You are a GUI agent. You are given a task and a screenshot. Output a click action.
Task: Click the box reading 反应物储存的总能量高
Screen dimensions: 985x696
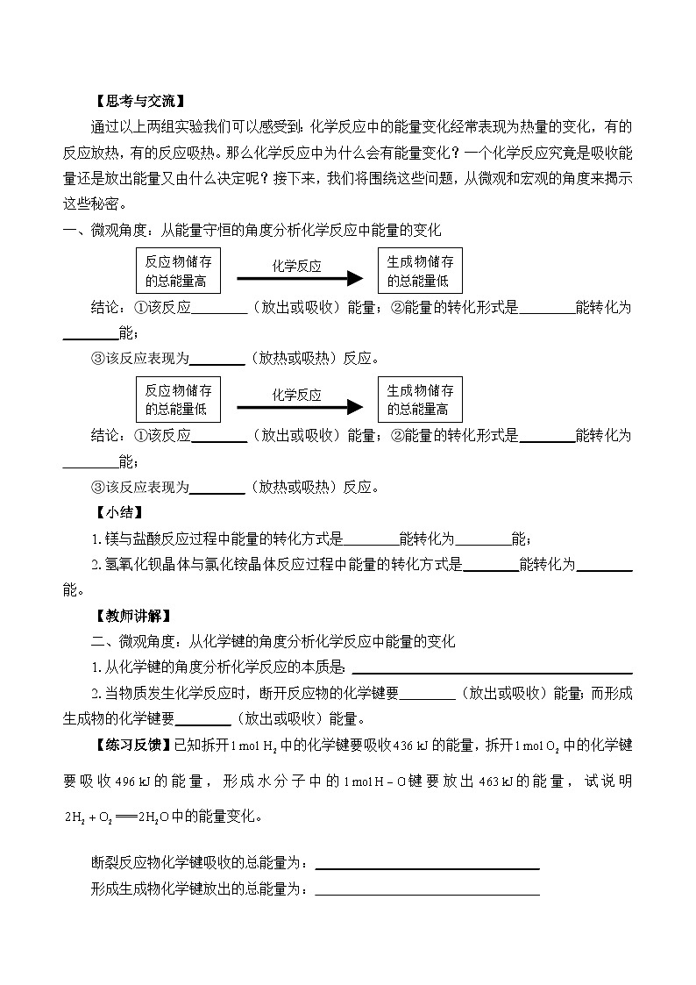[x=177, y=271]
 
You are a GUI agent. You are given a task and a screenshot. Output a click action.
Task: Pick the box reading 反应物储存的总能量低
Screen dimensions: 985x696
[x=177, y=400]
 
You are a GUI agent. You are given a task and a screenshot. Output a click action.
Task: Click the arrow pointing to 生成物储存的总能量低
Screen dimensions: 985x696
[x=299, y=278]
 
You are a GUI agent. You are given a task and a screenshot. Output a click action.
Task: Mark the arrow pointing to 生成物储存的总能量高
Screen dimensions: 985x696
[x=299, y=407]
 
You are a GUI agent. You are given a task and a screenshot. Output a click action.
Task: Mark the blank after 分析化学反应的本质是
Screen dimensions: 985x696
[x=491, y=668]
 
